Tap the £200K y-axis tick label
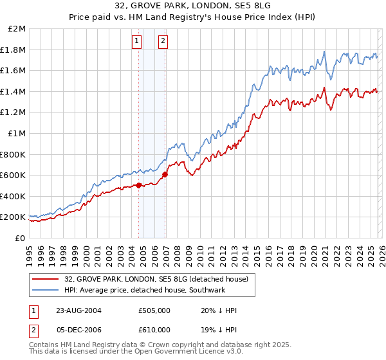14,217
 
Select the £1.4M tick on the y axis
14,91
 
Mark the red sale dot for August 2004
139,186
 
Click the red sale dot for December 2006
165,174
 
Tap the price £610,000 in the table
154,331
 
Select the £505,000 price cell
154,310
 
